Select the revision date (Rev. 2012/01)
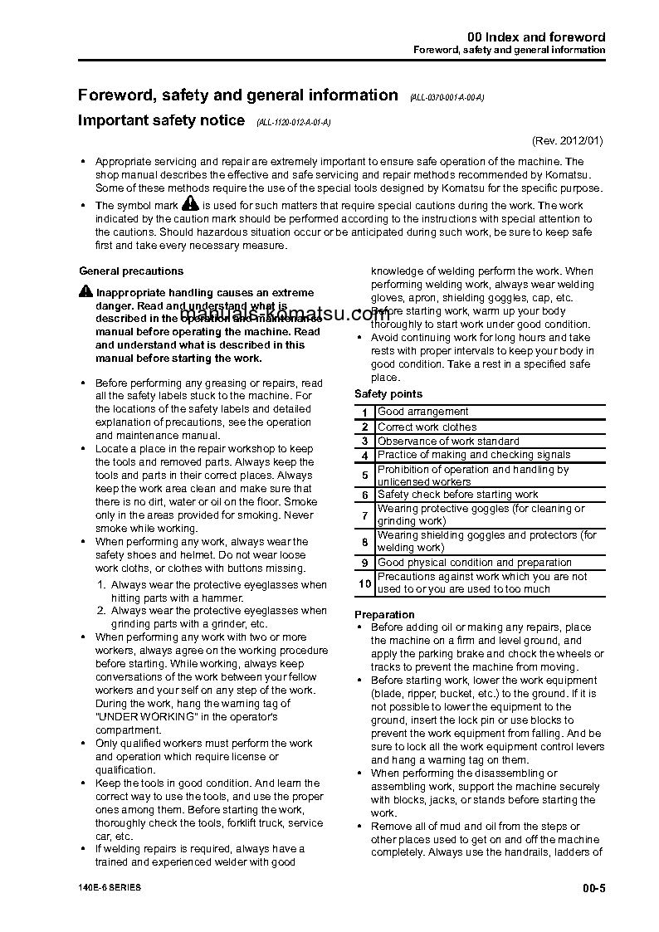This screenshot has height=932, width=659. click(568, 140)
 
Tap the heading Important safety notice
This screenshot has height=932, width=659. click(161, 120)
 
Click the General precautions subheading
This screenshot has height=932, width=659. click(131, 271)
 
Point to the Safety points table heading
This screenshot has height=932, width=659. click(388, 394)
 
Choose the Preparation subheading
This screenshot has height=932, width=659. click(385, 615)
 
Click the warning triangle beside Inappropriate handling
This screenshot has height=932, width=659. click(86, 291)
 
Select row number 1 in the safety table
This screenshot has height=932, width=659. click(364, 412)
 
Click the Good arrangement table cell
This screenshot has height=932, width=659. click(423, 412)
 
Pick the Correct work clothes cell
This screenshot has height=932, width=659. click(427, 427)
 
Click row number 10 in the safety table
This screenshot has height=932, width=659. click(364, 583)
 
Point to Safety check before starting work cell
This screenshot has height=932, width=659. click(458, 495)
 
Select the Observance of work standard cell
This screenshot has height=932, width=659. click(448, 442)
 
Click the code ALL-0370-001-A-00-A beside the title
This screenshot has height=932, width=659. click(447, 98)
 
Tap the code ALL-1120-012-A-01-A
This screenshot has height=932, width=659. click(294, 123)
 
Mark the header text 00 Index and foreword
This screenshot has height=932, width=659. click(536, 37)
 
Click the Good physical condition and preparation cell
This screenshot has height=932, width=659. click(475, 563)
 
